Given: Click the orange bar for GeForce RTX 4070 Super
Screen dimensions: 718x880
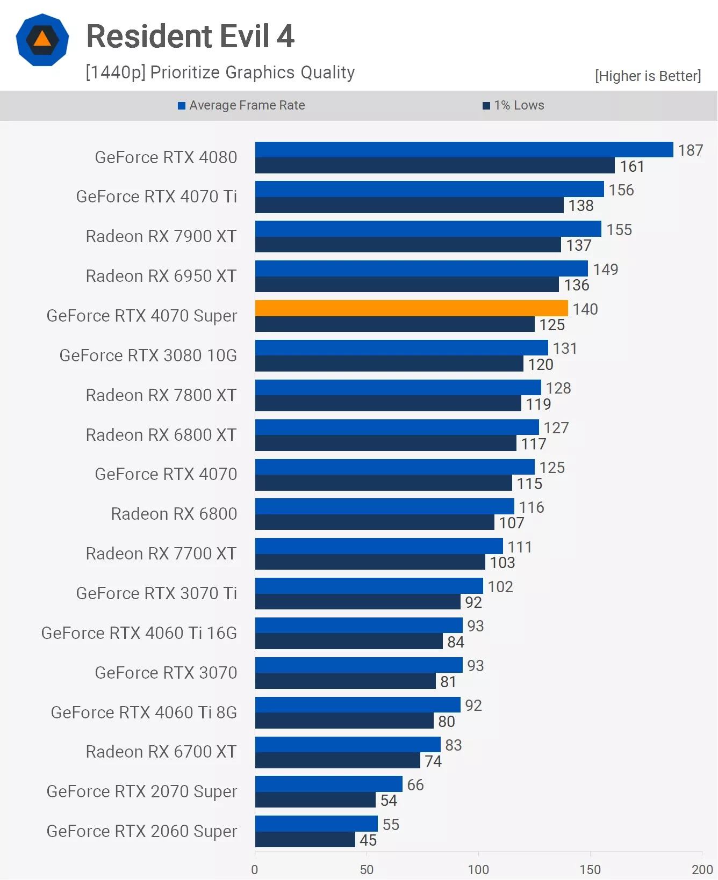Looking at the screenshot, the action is (x=411, y=308).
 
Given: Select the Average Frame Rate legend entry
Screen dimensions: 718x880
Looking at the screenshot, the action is (x=241, y=105).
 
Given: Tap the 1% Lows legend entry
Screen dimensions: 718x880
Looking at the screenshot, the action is (x=513, y=105).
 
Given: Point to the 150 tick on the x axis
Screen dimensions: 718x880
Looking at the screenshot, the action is (x=590, y=869).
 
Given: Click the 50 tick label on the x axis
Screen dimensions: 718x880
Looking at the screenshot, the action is (x=367, y=869).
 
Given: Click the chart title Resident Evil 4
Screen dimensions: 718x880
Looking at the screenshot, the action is (x=190, y=37).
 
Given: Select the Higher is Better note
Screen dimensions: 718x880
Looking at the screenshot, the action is (x=648, y=76).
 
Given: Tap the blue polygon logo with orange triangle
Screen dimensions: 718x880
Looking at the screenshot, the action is (x=42, y=40).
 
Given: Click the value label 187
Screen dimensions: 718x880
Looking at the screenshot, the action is (x=690, y=150).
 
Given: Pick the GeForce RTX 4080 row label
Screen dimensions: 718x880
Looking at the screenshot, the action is (x=166, y=157).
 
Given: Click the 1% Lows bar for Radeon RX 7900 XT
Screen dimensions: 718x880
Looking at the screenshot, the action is (x=407, y=245).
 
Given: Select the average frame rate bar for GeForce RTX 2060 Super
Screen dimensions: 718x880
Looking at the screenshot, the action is (x=316, y=824).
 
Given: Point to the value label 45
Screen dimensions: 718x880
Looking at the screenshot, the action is (x=368, y=840).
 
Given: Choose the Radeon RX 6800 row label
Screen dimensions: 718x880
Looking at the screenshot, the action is (x=174, y=514).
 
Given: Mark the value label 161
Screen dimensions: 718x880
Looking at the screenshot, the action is (x=632, y=166).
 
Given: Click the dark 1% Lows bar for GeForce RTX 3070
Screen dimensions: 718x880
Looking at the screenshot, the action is (x=345, y=681).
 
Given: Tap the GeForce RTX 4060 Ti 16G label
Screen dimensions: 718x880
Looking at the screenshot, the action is (x=139, y=633).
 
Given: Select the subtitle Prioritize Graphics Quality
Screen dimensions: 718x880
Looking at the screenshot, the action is (x=220, y=72).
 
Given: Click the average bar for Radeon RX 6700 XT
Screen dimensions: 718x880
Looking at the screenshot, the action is (x=347, y=744).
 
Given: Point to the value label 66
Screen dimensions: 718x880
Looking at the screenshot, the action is (x=415, y=785).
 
